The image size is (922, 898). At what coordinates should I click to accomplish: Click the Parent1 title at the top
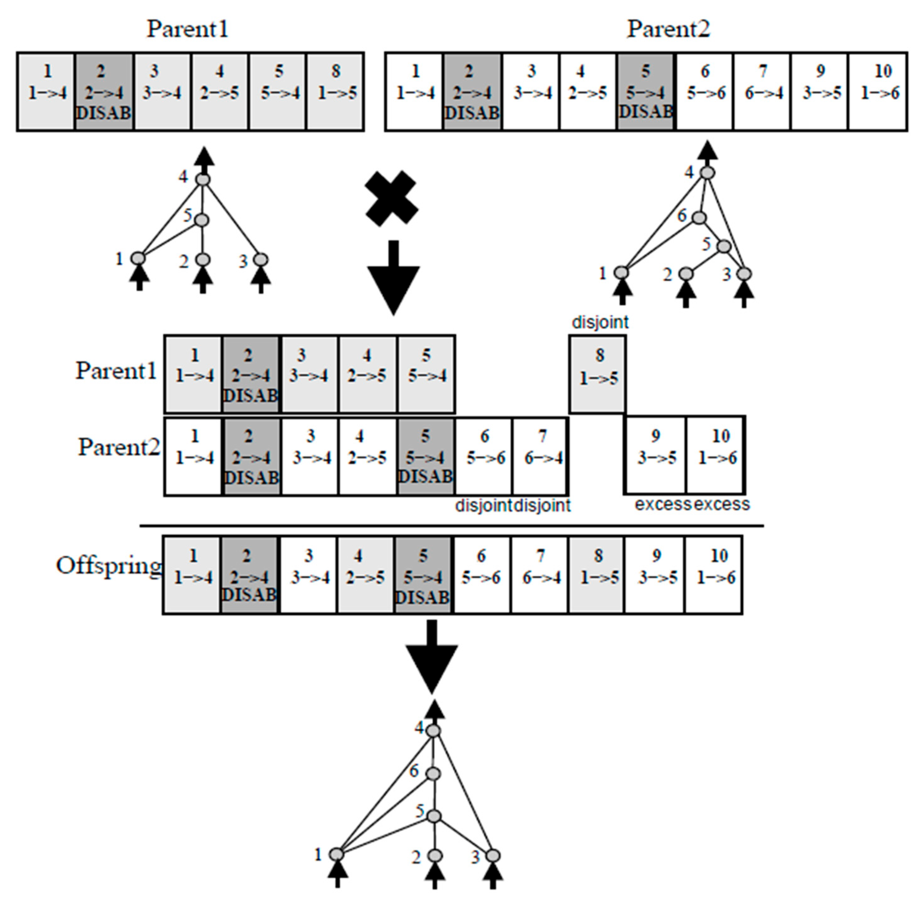tap(188, 29)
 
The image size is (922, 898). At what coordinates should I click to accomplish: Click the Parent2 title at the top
tap(668, 29)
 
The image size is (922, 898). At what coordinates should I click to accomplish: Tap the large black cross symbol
tap(391, 198)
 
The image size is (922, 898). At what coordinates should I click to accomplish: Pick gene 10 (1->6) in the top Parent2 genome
tap(878, 91)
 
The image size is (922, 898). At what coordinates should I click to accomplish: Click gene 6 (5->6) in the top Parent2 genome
tap(705, 91)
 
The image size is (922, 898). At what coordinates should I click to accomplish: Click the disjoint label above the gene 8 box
tap(600, 323)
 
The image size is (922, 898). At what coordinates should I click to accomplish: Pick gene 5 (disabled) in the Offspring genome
tap(423, 574)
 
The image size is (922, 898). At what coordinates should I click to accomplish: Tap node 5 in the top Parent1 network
tap(202, 220)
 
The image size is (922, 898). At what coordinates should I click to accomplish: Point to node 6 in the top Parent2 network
tap(699, 218)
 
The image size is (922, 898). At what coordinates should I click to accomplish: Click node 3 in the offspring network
tap(492, 856)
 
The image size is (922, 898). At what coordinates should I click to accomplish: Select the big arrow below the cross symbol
tap(393, 278)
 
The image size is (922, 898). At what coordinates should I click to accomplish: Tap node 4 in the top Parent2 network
tap(707, 173)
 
